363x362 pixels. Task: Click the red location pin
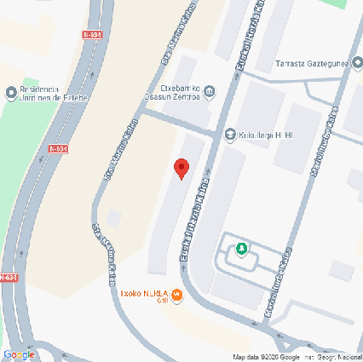tap(181, 168)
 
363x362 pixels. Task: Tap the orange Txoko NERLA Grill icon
tap(177, 296)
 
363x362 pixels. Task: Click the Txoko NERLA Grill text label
tap(147, 291)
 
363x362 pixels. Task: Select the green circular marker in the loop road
tap(242, 249)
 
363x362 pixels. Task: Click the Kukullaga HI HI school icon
tap(229, 135)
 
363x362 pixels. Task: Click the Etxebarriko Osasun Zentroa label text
tap(175, 92)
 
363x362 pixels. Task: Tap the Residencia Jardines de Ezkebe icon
tap(10, 91)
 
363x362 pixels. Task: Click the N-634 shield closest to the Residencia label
tap(58, 148)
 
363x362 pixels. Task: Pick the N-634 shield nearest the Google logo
tap(7, 277)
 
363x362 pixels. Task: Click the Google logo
tap(19, 354)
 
